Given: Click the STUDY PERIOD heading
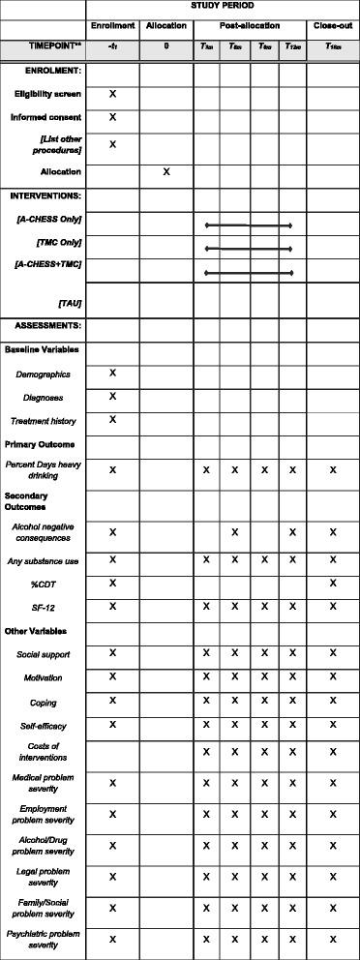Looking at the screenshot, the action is (223, 6).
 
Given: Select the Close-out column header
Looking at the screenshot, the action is (333, 25).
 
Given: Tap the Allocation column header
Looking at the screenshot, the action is (166, 25).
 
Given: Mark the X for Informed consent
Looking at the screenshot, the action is (112, 117).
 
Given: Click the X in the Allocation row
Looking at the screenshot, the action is (166, 171).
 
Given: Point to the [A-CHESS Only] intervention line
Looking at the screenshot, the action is (249, 225).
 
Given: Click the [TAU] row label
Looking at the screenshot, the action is (69, 303).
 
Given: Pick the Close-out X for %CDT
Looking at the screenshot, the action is (333, 583).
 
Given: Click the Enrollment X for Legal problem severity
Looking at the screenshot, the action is (112, 877).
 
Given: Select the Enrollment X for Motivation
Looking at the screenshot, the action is (112, 676).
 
